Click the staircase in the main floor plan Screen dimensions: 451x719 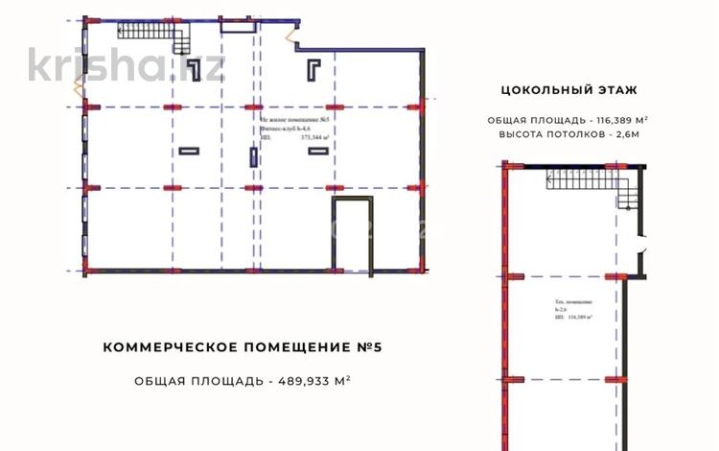pos(153,36)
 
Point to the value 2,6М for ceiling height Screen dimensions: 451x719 pos(622,135)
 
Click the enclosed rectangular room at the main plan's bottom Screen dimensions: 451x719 pos(352,235)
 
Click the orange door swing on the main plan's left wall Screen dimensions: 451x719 pos(78,84)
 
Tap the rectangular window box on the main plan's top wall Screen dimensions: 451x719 pos(233,28)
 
